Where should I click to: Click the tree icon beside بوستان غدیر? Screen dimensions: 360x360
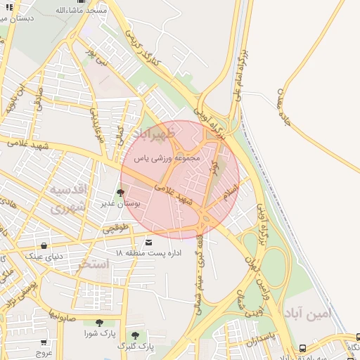point(120,192)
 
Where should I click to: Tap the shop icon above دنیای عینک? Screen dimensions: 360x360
point(45,246)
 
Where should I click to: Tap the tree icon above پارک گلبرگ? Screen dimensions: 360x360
point(134,336)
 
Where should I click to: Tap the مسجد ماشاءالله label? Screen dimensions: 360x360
point(82,11)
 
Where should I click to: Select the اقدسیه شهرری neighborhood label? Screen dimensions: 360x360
point(67,199)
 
